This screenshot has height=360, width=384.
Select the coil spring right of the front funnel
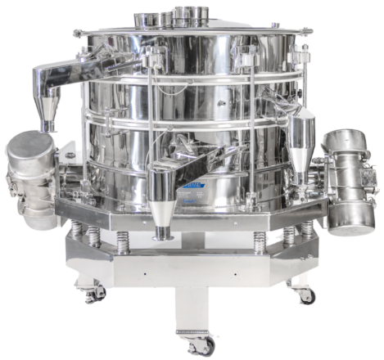pyautogui.click(x=260, y=240)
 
